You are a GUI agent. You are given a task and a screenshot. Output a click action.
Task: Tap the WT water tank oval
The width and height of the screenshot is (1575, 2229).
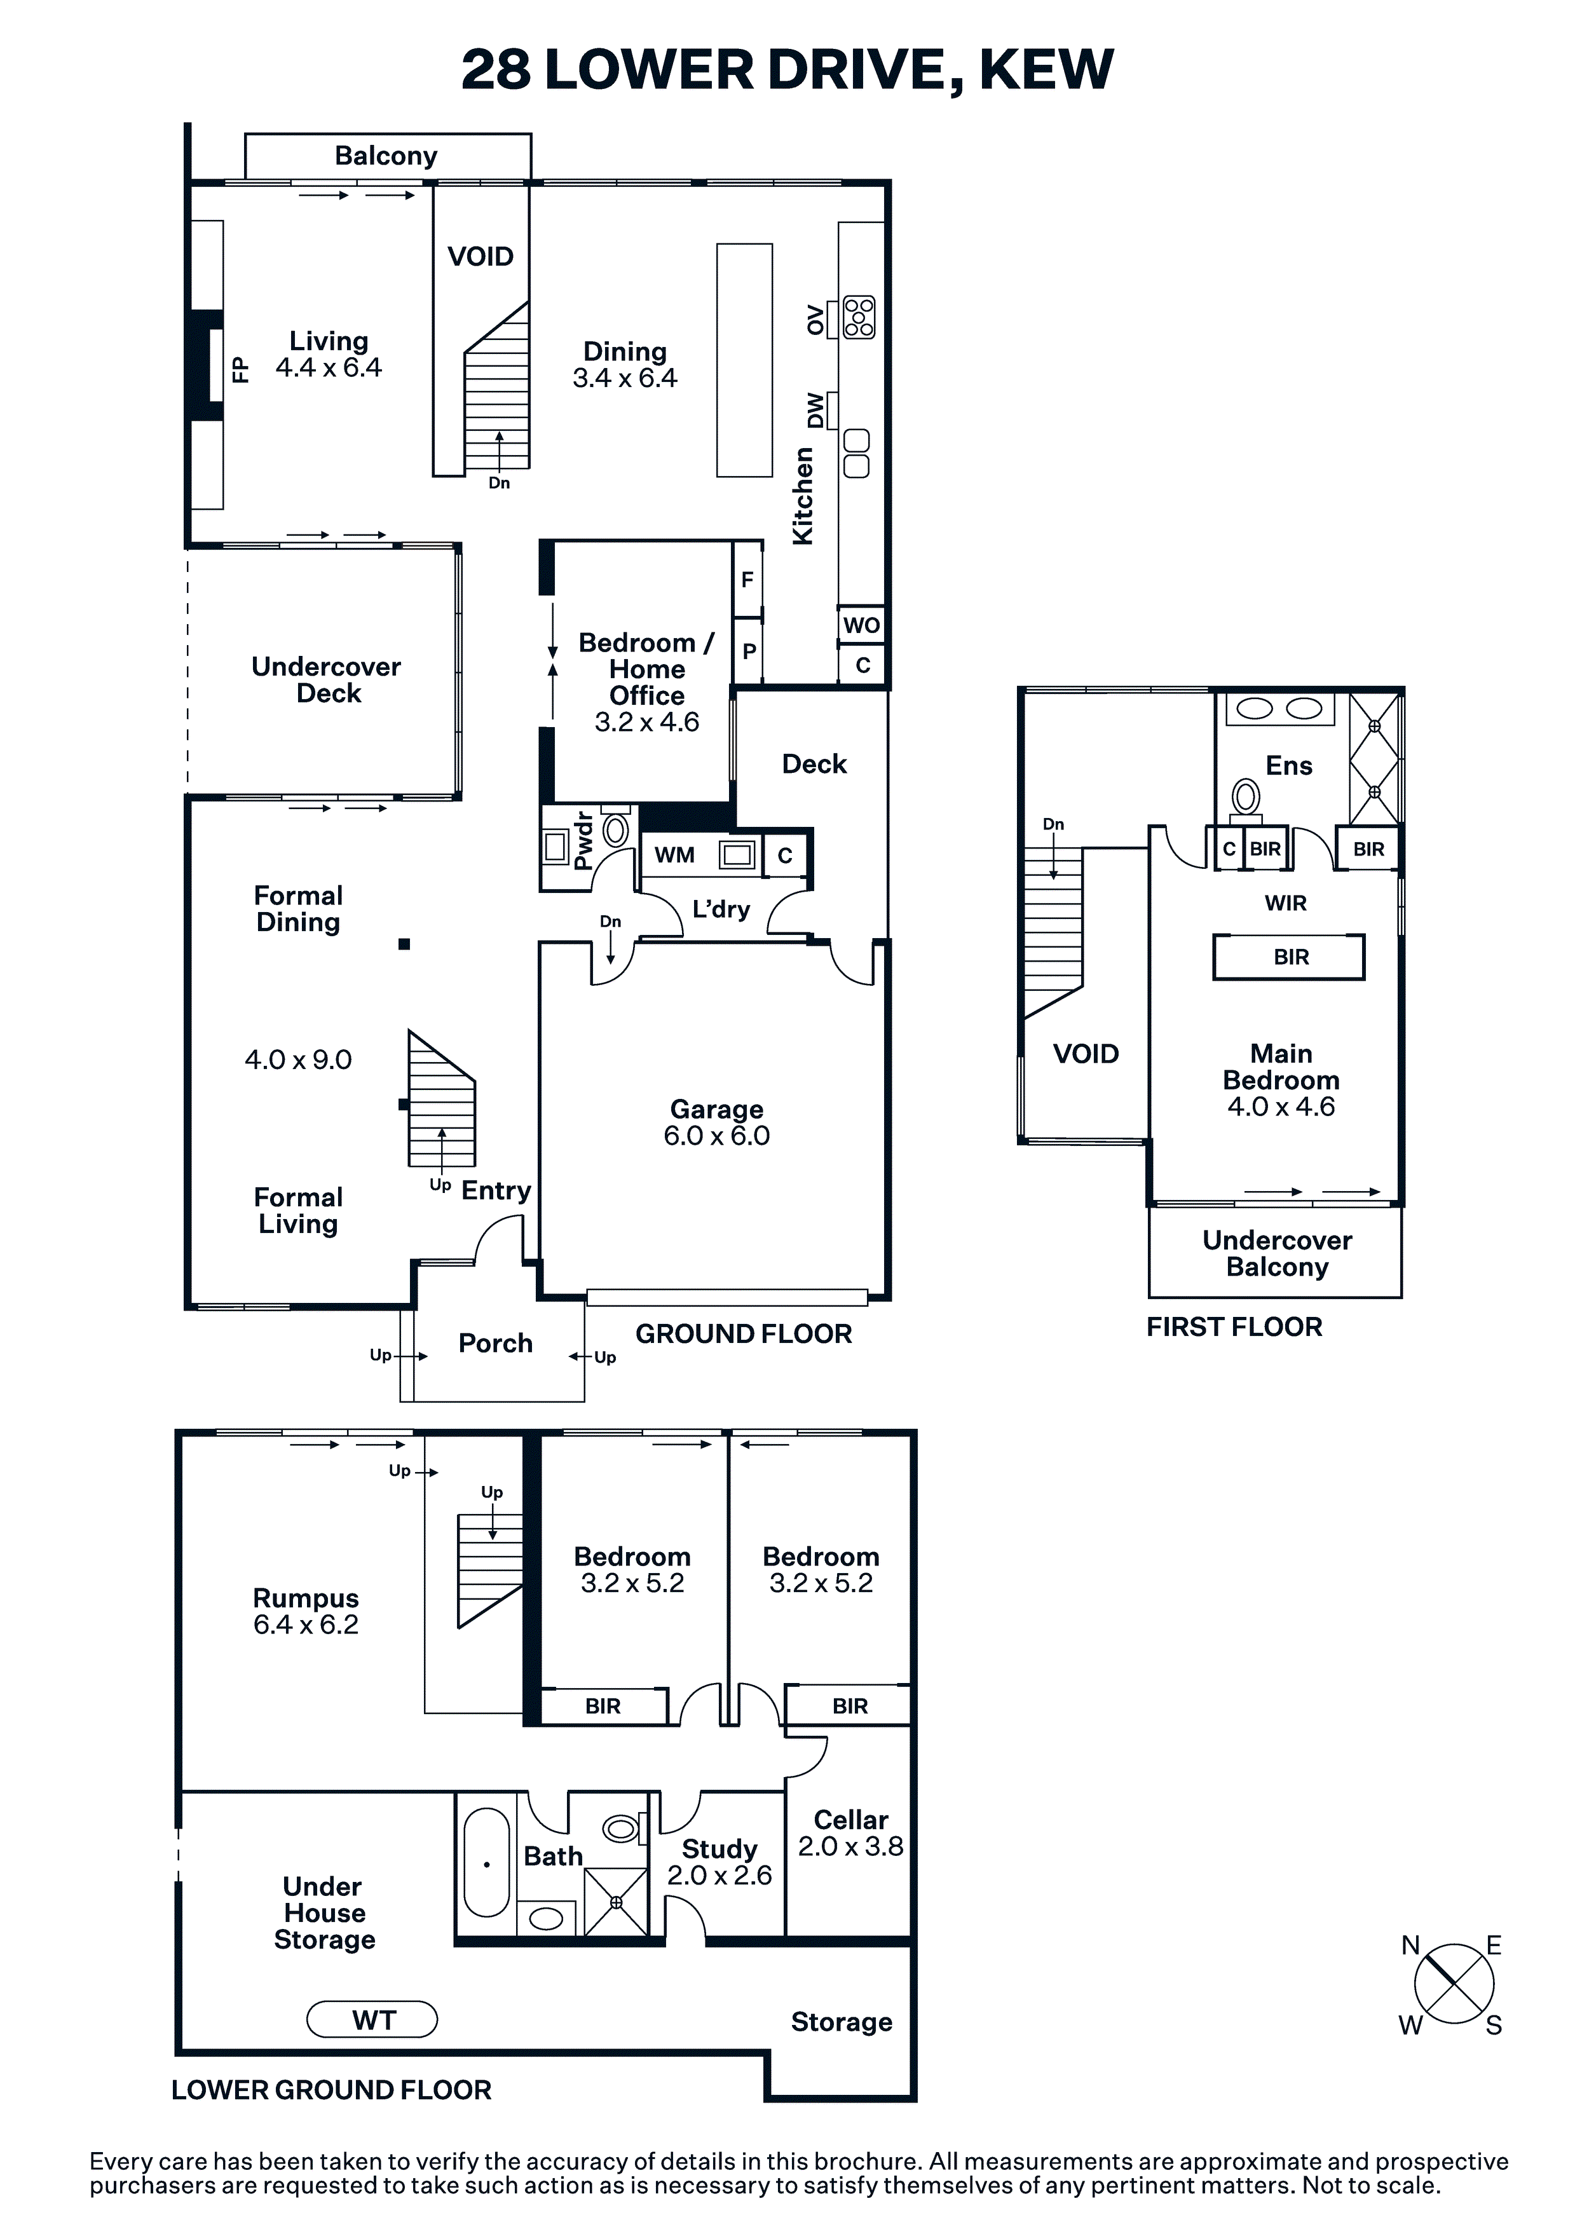coord(372,2021)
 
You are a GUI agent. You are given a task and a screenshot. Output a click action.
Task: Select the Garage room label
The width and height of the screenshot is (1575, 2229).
coord(716,1108)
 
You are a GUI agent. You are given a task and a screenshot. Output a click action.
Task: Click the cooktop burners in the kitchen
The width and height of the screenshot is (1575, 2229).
coord(859,317)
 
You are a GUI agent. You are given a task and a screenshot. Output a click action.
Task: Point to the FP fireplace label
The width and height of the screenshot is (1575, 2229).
coord(240,369)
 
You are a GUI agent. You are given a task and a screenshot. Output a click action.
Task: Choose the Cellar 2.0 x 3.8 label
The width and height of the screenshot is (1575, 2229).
coord(850,1834)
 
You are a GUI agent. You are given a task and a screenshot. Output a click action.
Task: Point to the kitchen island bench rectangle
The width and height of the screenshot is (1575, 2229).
coord(745,360)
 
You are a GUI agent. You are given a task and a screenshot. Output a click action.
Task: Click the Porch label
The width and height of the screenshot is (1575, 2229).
coord(495,1344)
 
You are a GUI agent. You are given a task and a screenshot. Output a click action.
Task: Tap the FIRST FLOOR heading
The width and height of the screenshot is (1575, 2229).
coord(1234,1327)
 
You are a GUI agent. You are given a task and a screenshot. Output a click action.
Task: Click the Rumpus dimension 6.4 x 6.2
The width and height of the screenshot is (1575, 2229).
coord(306,1625)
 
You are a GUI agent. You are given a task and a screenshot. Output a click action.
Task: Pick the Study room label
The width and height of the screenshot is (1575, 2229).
coord(719,1848)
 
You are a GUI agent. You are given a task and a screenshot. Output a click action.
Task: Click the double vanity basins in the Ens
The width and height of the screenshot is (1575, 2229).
coord(1280,709)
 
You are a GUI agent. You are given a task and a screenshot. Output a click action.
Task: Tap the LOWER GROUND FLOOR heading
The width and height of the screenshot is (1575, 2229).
coord(331,2090)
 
